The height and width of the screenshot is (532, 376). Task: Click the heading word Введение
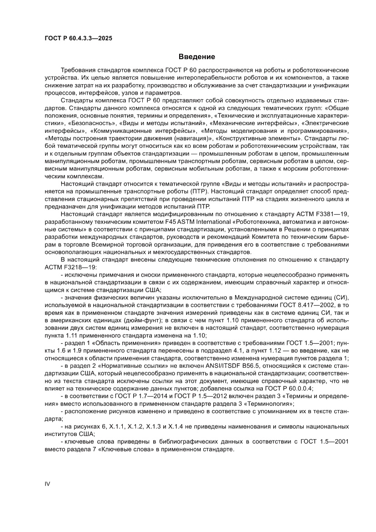[x=196, y=57]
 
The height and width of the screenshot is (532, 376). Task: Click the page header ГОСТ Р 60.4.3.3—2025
[x=78, y=39]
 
